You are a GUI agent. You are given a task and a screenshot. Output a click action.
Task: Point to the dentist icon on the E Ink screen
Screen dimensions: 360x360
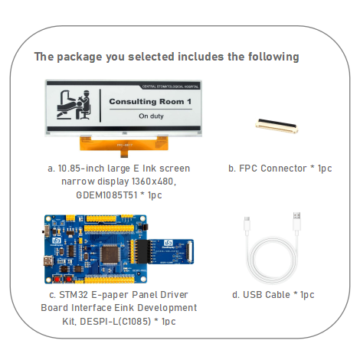(x=74, y=105)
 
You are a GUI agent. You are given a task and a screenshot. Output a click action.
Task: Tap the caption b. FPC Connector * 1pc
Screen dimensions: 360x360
(x=280, y=168)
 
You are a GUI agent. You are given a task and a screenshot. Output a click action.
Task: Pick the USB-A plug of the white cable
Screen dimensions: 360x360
(x=296, y=223)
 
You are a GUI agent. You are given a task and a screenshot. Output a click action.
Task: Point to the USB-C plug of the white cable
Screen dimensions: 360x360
(x=245, y=224)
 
